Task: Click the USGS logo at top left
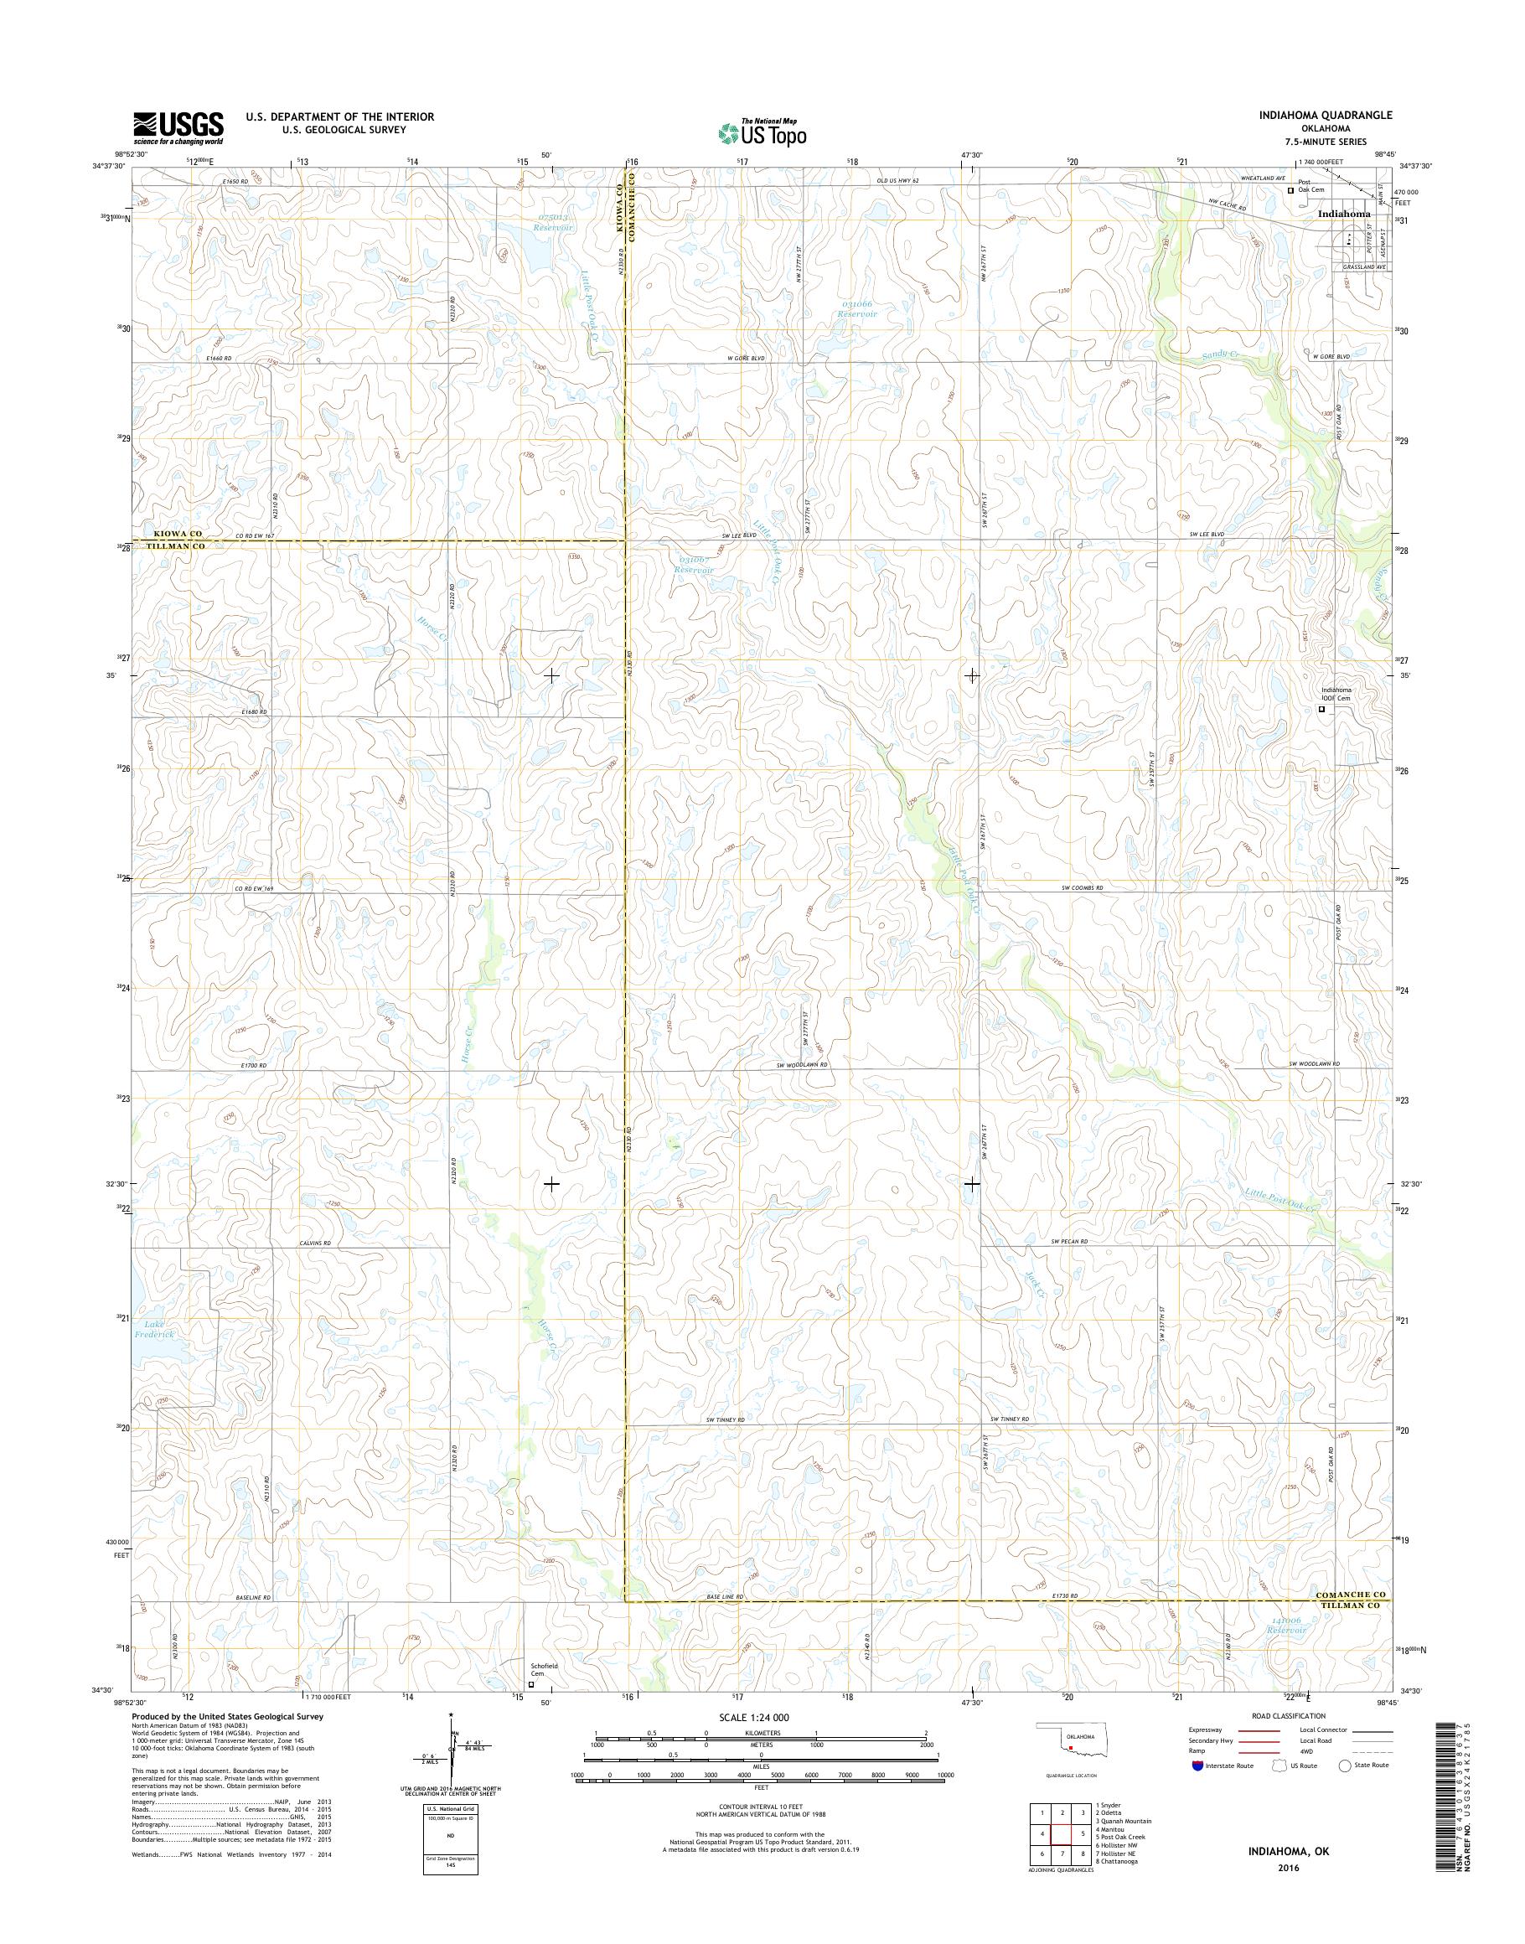coord(178,127)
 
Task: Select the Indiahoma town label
coord(1345,215)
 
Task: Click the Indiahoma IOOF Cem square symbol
coord(1322,710)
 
